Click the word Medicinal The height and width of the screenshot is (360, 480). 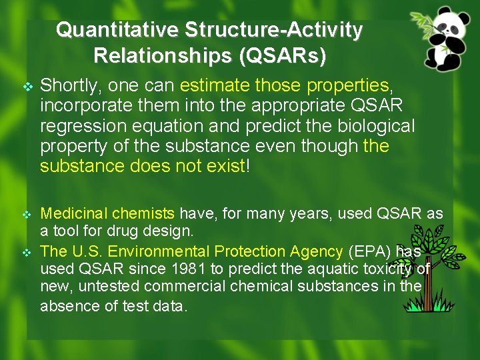point(74,213)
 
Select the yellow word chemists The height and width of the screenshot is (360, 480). point(143,213)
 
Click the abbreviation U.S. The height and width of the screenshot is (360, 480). point(85,251)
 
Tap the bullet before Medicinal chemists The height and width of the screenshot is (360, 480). point(27,214)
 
